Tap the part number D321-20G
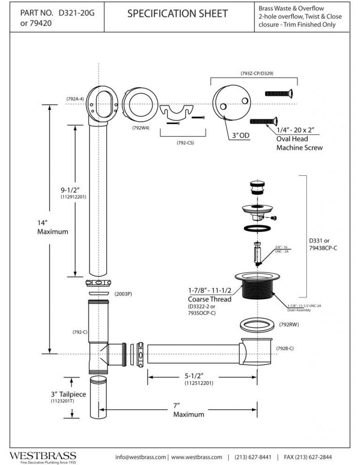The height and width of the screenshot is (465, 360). coord(76,13)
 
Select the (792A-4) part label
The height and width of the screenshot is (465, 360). coord(75,99)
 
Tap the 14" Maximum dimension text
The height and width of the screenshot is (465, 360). coord(53,226)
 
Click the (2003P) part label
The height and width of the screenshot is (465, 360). coord(123,294)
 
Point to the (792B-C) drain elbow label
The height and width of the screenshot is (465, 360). coord(285,348)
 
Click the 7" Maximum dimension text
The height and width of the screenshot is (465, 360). coord(189,409)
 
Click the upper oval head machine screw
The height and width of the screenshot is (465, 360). coord(280,93)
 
